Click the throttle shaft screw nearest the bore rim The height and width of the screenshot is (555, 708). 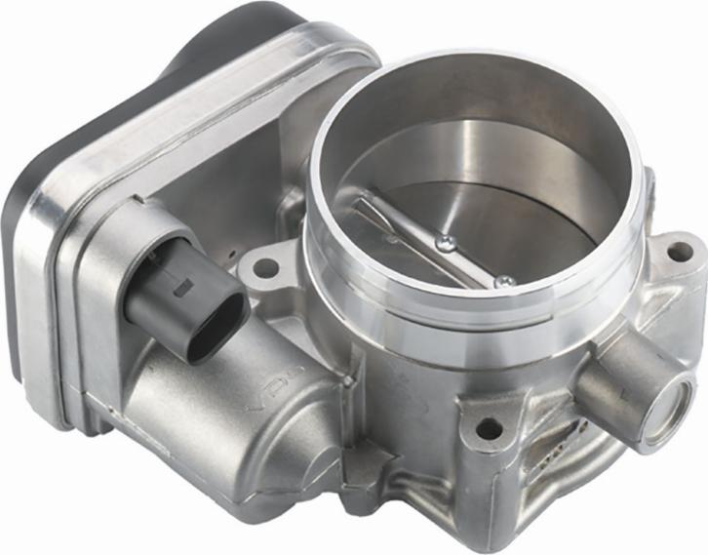click(503, 281)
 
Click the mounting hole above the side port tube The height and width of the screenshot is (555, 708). click(677, 251)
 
